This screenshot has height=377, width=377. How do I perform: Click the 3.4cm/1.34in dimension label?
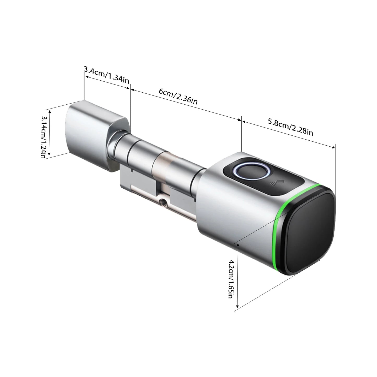(x=106, y=75)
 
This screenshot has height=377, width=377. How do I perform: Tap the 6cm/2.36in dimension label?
(x=178, y=96)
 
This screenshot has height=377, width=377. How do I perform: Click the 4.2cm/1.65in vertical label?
(x=231, y=279)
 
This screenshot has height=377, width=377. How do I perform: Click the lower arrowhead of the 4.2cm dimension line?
(x=237, y=307)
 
